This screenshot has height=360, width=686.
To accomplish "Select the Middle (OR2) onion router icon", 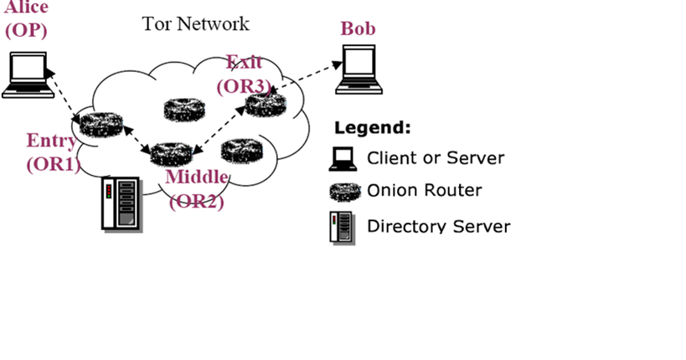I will (172, 153).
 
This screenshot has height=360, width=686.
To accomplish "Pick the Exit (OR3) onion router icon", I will (267, 104).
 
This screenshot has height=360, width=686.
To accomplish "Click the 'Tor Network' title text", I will (195, 23).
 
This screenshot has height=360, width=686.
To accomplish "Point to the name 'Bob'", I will (358, 28).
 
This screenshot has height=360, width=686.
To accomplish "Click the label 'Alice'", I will (26, 8).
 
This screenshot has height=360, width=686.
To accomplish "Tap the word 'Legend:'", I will (373, 128).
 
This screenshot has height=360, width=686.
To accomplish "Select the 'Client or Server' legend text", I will (436, 157).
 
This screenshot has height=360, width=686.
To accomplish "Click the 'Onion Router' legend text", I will (425, 190).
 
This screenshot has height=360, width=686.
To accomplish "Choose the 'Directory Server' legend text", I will (438, 226).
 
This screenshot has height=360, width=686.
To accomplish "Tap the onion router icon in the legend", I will (343, 191).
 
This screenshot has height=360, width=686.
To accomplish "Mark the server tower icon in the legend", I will (338, 227).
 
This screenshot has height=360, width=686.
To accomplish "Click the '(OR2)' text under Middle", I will (197, 201).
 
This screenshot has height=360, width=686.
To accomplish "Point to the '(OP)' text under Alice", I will (27, 30).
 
